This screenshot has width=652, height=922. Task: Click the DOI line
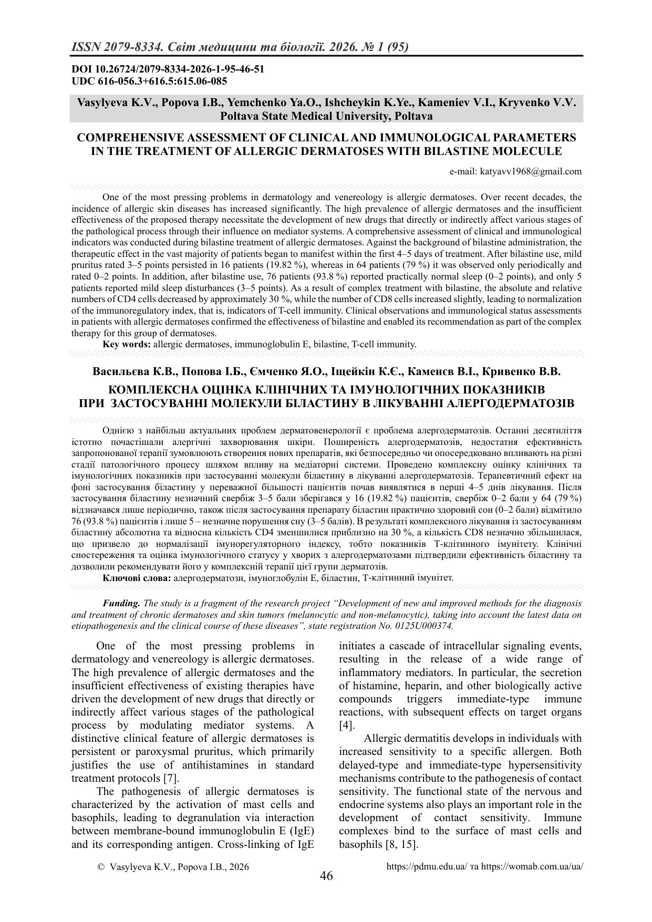(168, 69)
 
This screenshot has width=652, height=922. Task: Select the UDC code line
(149, 81)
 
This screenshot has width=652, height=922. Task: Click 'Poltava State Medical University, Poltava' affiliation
(326, 116)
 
